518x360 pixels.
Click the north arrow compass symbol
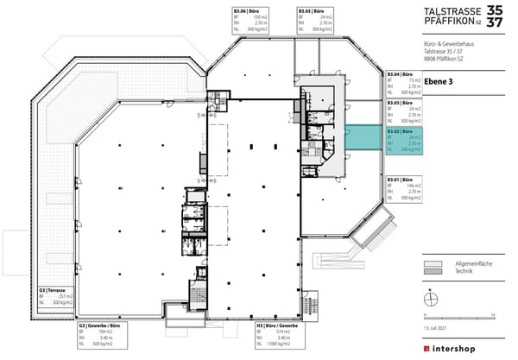428,300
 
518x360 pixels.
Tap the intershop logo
461,347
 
